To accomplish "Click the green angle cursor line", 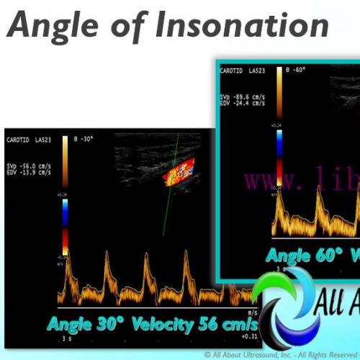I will pyautogui.click(x=169, y=187).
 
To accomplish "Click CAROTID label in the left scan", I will pyautogui.click(x=17, y=138).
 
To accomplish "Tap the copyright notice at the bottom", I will pyautogui.click(x=281, y=354).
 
